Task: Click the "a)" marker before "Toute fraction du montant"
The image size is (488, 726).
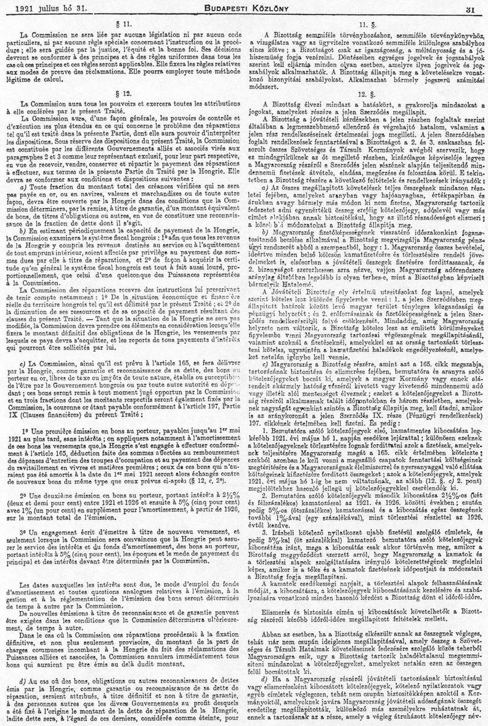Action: [x=23, y=186]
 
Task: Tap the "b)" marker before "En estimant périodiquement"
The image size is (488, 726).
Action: [x=23, y=229]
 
